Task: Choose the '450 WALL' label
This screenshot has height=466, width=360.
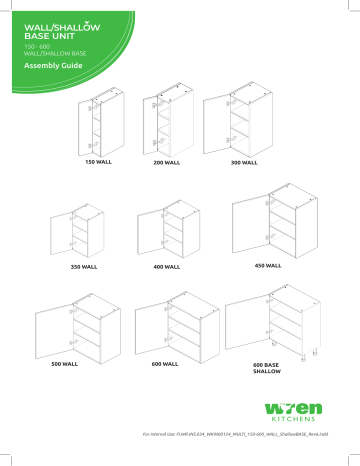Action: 267,267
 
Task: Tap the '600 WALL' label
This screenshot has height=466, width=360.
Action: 164,365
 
